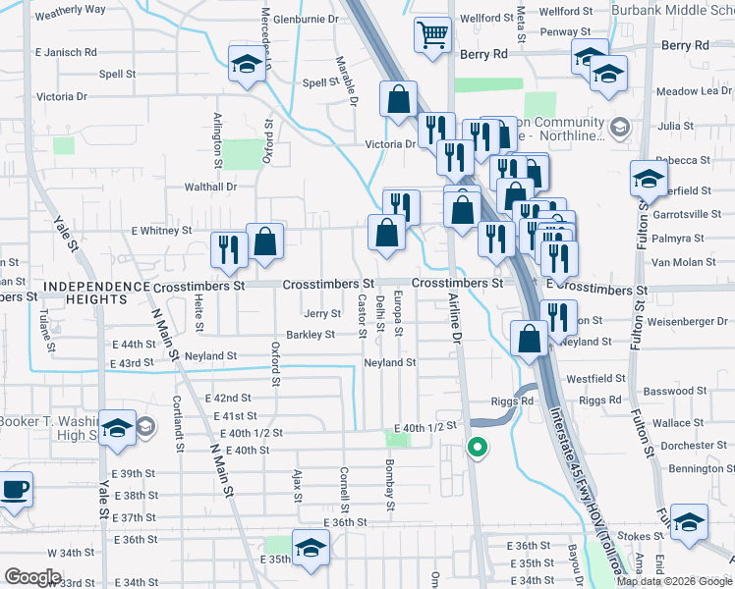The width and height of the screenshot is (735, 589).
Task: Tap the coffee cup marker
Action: coord(14,490)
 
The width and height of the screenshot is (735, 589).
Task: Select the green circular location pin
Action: coord(478,449)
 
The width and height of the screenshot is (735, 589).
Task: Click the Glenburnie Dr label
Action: coord(306,19)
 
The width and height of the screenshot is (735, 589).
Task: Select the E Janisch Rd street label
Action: coord(66,51)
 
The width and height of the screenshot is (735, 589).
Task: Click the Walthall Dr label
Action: coord(211,187)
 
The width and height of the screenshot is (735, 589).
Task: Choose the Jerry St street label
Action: coord(322,314)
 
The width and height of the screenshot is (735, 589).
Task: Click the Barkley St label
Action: coord(311,335)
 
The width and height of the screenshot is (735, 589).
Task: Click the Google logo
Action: coord(31,577)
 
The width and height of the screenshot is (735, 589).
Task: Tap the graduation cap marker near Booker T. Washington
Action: coord(117,429)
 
